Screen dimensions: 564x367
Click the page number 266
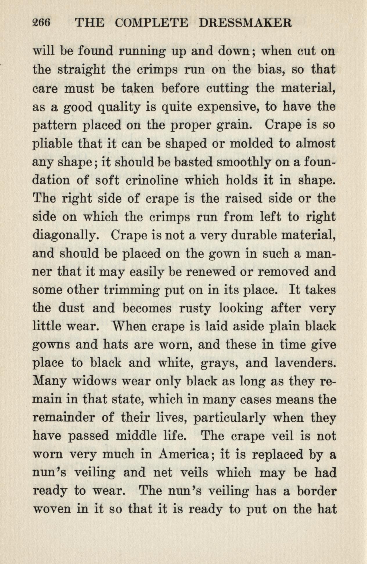pos(42,23)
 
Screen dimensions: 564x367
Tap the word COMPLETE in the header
pos(151,23)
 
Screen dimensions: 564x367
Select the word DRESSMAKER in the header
pos(245,23)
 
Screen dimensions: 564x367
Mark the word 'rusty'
pos(195,308)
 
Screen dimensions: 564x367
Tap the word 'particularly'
pos(229,418)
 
